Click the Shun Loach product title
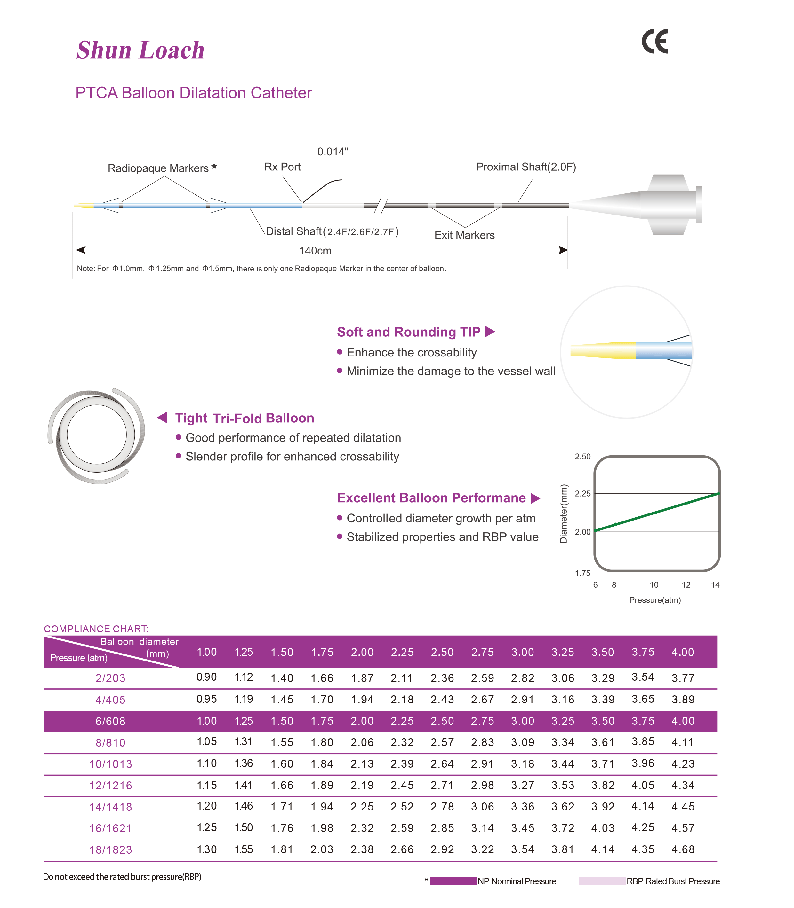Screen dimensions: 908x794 point(140,50)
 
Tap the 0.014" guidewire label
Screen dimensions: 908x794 point(333,152)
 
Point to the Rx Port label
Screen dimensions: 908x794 point(282,167)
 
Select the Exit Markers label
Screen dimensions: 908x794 point(464,235)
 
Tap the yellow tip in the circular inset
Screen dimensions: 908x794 point(603,350)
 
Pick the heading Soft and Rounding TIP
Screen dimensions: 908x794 point(408,332)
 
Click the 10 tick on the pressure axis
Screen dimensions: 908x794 point(654,585)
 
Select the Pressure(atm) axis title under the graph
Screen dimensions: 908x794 point(655,600)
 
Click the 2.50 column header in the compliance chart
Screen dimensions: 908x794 point(442,652)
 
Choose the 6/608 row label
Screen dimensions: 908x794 point(110,721)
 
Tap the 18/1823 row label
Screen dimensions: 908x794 point(110,849)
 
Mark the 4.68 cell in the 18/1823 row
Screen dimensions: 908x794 point(683,849)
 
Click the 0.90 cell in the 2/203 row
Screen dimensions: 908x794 point(206,677)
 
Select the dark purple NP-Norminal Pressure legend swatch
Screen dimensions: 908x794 point(453,881)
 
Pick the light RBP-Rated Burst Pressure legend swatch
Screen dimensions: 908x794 point(602,881)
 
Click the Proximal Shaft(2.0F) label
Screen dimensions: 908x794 point(526,167)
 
